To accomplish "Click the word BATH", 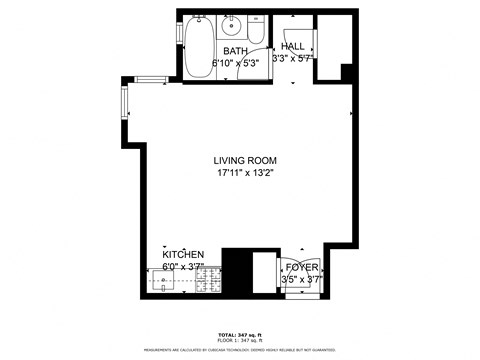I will [x=235, y=51].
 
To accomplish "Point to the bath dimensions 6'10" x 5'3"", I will [x=236, y=63].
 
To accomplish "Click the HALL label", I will [x=293, y=47].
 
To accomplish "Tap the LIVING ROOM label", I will [x=245, y=161].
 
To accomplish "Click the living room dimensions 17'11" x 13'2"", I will [x=245, y=174].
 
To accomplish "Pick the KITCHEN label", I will [x=183, y=255].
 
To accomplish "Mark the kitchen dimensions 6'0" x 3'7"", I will [x=183, y=267].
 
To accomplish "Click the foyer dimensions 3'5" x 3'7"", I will [x=301, y=280].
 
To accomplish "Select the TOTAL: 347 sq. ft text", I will [x=239, y=334].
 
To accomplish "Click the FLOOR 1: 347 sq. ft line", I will [x=239, y=341].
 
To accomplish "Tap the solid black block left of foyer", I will [x=236, y=270].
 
